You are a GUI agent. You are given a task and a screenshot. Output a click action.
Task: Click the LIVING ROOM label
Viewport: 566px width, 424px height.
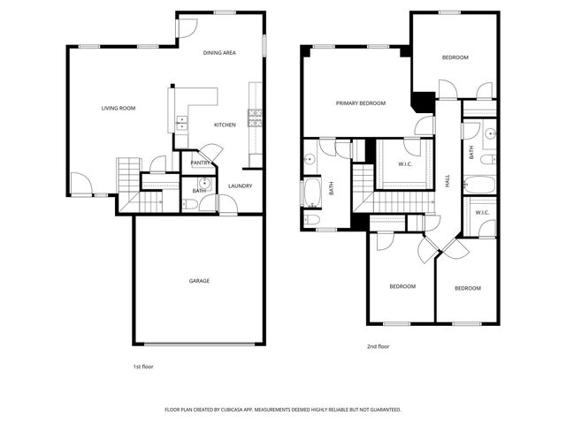tap(118, 108)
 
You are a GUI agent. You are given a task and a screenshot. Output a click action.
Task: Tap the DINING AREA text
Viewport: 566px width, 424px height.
tap(219, 53)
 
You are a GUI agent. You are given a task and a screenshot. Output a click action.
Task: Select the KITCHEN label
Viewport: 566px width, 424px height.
tap(225, 125)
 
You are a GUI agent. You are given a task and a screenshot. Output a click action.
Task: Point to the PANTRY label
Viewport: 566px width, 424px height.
tap(201, 163)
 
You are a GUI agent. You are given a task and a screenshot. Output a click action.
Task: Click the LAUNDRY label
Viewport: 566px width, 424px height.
tap(241, 185)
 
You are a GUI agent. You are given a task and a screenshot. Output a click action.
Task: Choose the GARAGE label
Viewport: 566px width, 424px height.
tap(199, 281)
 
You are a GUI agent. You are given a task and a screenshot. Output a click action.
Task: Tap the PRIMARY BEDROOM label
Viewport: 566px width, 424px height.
tap(360, 103)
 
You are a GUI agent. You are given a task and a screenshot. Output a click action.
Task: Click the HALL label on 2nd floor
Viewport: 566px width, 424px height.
tap(447, 179)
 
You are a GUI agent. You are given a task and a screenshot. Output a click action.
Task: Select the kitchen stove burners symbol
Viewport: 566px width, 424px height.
tap(256, 117)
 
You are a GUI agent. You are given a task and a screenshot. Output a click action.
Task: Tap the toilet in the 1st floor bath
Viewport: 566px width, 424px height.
tap(190, 204)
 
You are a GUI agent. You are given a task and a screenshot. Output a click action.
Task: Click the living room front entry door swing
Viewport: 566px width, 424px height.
tap(80, 182)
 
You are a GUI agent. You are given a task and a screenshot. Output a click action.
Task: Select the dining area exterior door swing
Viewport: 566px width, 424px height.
tap(187, 28)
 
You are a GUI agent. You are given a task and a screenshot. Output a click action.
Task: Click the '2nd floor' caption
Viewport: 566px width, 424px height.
tap(378, 347)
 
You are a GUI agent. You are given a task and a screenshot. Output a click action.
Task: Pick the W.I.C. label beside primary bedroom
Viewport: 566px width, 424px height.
tap(406, 163)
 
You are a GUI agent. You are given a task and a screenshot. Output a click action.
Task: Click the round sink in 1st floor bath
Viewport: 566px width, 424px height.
tap(203, 184)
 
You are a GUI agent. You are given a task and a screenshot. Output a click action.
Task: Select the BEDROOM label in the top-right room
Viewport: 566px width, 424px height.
tap(455, 57)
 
